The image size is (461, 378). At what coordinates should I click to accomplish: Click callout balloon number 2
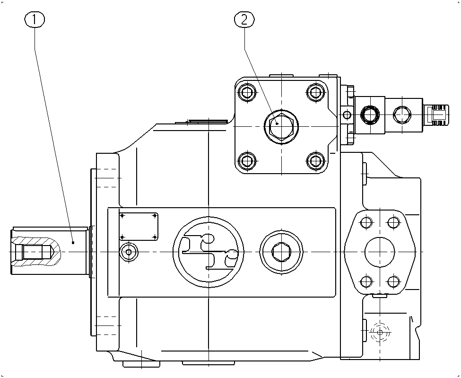(244, 20)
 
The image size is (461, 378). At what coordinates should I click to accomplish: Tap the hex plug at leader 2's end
(281, 126)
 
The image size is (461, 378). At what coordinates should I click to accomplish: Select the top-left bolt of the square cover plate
(247, 92)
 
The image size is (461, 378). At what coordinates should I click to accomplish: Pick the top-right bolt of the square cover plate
(315, 92)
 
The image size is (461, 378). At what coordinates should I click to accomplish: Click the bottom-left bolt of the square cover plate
(247, 161)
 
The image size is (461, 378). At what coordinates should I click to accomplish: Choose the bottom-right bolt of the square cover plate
(315, 161)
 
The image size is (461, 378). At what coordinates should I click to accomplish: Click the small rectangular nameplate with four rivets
(139, 227)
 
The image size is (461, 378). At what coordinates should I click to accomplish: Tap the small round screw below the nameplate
(129, 252)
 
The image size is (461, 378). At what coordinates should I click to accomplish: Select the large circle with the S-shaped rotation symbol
(209, 252)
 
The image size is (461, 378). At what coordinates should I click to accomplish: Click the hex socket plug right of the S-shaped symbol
(281, 252)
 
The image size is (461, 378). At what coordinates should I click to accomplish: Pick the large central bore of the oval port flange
(380, 252)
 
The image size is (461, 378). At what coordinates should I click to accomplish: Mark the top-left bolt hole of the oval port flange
(366, 222)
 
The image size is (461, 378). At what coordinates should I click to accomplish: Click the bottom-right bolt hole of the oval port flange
(393, 282)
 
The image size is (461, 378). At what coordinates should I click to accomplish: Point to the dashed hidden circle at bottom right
(380, 333)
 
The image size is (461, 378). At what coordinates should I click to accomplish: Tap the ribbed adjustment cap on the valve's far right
(436, 114)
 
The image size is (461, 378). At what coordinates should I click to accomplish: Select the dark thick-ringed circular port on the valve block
(370, 114)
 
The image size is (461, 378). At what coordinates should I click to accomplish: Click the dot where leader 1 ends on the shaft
(73, 242)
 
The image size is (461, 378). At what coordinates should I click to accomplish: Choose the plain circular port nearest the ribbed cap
(402, 114)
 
